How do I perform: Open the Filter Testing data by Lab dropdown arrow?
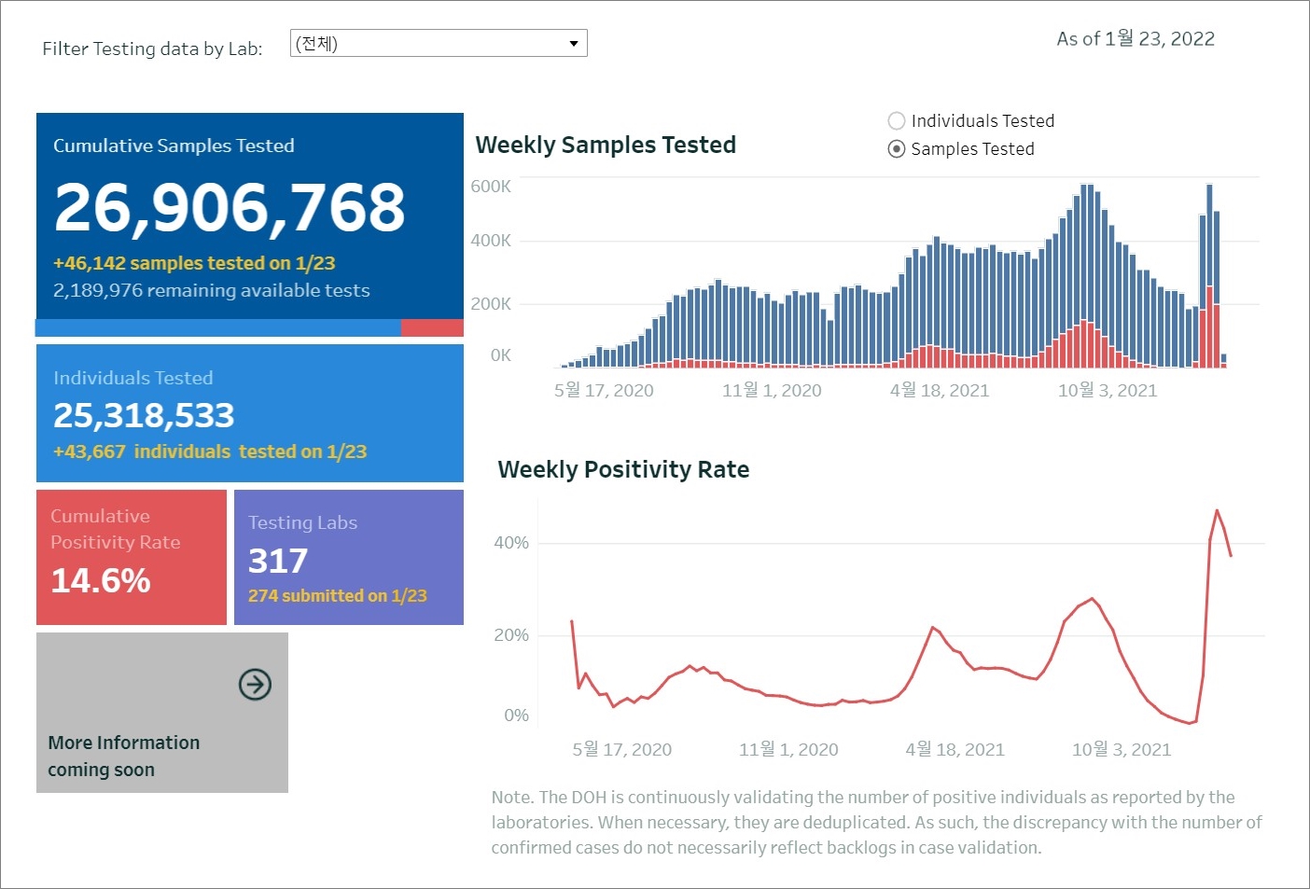click(573, 44)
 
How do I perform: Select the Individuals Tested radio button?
click(897, 121)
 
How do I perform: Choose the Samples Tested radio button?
click(897, 149)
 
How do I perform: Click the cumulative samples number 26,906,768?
click(230, 207)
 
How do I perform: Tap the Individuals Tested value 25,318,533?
click(144, 416)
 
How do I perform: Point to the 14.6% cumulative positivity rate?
click(101, 581)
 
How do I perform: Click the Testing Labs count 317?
click(278, 561)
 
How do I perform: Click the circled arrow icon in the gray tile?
click(255, 685)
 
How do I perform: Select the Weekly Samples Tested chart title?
click(606, 146)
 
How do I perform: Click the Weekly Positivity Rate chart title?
click(623, 469)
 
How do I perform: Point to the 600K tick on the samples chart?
click(491, 187)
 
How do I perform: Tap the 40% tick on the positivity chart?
click(511, 543)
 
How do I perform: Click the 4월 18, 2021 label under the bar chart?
click(940, 391)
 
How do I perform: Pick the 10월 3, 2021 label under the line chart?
click(1121, 750)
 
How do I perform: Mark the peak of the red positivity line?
click(1217, 510)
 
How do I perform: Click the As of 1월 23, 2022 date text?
click(1136, 39)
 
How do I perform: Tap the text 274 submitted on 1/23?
click(337, 596)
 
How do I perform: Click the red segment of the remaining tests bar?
click(432, 328)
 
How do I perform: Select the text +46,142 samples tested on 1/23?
click(194, 264)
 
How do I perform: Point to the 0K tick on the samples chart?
click(501, 355)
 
